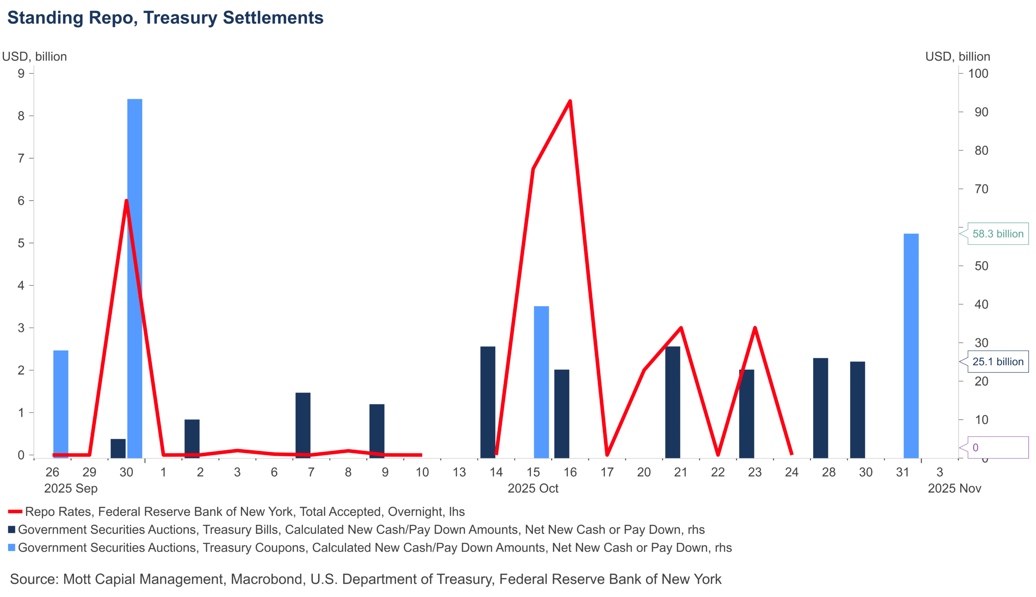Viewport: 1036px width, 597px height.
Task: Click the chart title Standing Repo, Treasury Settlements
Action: click(165, 18)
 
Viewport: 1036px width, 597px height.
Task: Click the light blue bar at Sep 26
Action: click(61, 404)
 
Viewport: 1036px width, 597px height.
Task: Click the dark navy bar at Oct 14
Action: click(488, 402)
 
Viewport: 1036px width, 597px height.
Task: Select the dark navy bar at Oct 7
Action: click(303, 425)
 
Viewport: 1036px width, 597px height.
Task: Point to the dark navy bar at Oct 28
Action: click(820, 408)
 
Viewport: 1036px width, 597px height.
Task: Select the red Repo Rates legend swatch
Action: click(15, 512)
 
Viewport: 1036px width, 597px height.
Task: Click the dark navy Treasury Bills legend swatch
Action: click(12, 530)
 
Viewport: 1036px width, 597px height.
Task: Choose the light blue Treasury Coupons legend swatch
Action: click(12, 548)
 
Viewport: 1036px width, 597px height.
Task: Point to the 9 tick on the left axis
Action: click(21, 74)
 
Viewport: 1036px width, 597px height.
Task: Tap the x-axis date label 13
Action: click(459, 472)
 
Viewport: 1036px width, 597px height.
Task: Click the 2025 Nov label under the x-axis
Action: click(954, 488)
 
